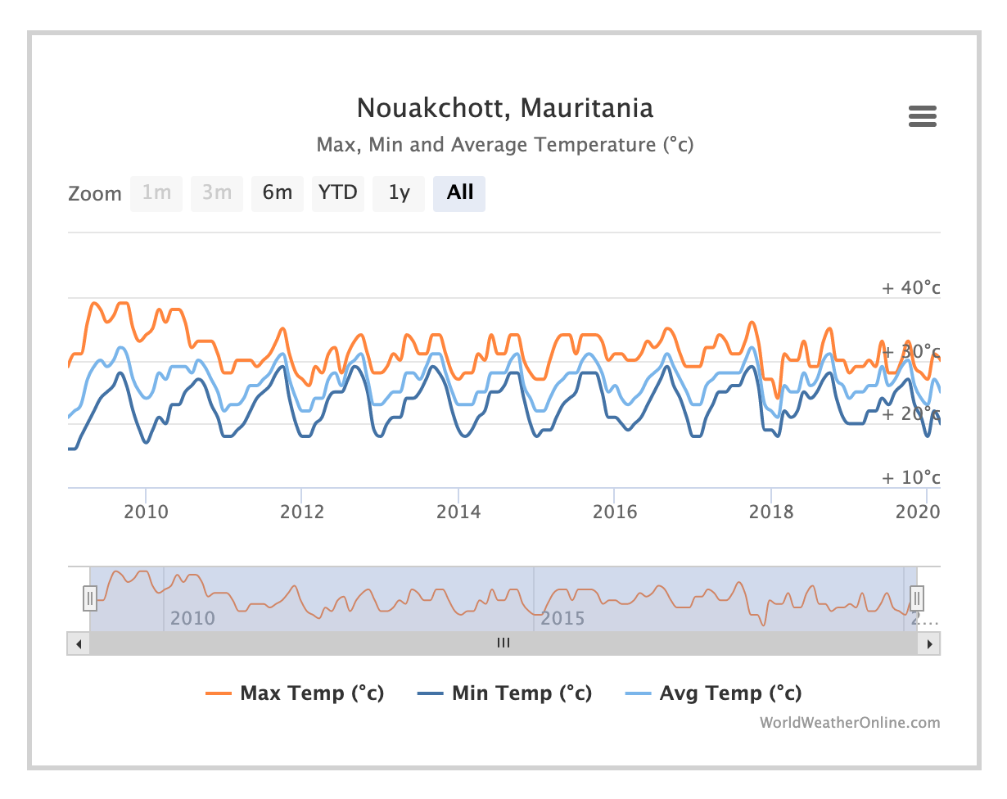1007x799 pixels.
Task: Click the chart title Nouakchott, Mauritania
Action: coord(504,108)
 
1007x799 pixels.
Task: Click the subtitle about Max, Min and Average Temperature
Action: coord(504,146)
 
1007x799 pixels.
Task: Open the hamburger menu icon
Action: coord(922,117)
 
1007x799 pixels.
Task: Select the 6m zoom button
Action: coord(278,193)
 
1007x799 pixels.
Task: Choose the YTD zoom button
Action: coord(338,193)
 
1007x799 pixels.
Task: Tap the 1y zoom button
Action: coord(399,193)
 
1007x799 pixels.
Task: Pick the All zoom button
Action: coord(459,193)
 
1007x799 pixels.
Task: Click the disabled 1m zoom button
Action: coord(156,193)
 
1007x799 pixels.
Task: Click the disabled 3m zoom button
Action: coord(217,193)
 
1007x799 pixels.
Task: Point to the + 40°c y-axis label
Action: coord(910,288)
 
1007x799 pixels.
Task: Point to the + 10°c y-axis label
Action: coord(910,478)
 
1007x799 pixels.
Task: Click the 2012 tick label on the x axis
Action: coord(302,512)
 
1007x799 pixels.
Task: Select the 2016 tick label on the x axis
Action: coord(615,512)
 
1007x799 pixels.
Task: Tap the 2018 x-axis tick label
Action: coord(771,512)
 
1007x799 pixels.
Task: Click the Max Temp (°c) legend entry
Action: coord(311,693)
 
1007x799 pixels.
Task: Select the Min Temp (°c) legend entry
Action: coord(521,693)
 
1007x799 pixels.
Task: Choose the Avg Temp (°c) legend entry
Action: coord(730,693)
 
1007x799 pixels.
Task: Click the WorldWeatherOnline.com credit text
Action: coord(850,723)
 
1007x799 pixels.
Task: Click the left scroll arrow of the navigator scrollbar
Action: coord(79,643)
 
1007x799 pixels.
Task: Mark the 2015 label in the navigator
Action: coord(563,618)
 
